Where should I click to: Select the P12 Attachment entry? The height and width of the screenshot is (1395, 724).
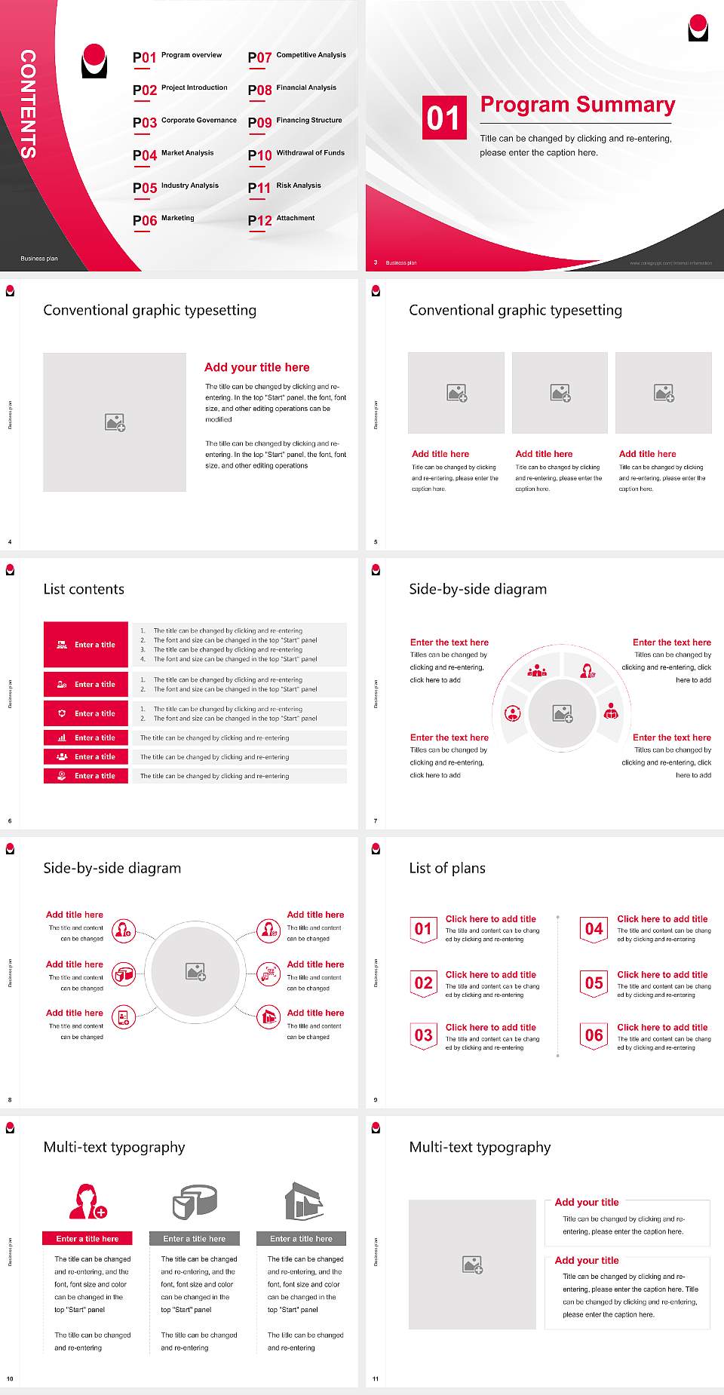(x=281, y=219)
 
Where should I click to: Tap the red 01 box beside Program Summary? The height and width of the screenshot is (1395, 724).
(x=444, y=118)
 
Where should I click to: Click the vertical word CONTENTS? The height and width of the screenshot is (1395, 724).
(x=28, y=103)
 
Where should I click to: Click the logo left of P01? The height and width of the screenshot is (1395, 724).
(x=94, y=61)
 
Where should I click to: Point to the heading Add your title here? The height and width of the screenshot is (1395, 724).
(x=256, y=367)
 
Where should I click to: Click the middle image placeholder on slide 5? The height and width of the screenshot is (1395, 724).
(x=560, y=393)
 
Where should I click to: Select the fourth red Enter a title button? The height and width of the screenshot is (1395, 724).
(x=86, y=737)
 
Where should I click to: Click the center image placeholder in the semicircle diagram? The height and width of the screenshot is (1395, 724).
(x=562, y=713)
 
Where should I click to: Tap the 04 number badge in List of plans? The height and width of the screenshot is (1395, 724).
(x=594, y=929)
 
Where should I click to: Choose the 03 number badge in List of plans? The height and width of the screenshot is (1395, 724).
(x=424, y=1035)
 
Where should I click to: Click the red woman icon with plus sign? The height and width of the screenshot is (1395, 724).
(x=87, y=1201)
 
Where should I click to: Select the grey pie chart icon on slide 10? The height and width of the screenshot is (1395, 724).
(x=195, y=1201)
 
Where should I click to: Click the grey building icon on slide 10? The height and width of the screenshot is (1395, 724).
(x=303, y=1201)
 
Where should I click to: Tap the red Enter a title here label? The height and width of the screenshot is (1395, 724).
(x=87, y=1238)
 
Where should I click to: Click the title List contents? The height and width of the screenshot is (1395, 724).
(x=84, y=589)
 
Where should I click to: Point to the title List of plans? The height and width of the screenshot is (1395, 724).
(x=447, y=868)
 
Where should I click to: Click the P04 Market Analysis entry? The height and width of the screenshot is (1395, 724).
(x=173, y=155)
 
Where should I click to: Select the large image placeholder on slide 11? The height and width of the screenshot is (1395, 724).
(x=472, y=1264)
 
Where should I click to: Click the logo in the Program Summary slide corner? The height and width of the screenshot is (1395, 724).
(x=698, y=28)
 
